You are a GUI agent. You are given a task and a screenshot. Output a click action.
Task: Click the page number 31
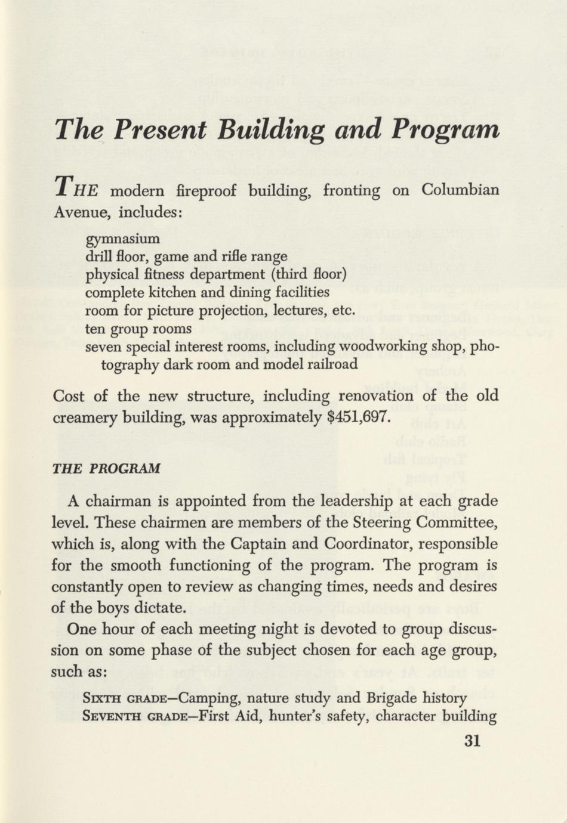click(x=472, y=741)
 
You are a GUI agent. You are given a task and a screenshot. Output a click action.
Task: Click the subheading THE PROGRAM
click(x=106, y=468)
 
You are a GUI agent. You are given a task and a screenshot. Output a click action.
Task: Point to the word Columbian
click(x=460, y=191)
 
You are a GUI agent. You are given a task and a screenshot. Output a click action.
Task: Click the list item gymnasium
click(x=123, y=240)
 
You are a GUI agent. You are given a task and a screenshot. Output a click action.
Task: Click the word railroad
click(x=331, y=364)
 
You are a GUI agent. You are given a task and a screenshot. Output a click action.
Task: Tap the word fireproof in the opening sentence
click(x=207, y=191)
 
